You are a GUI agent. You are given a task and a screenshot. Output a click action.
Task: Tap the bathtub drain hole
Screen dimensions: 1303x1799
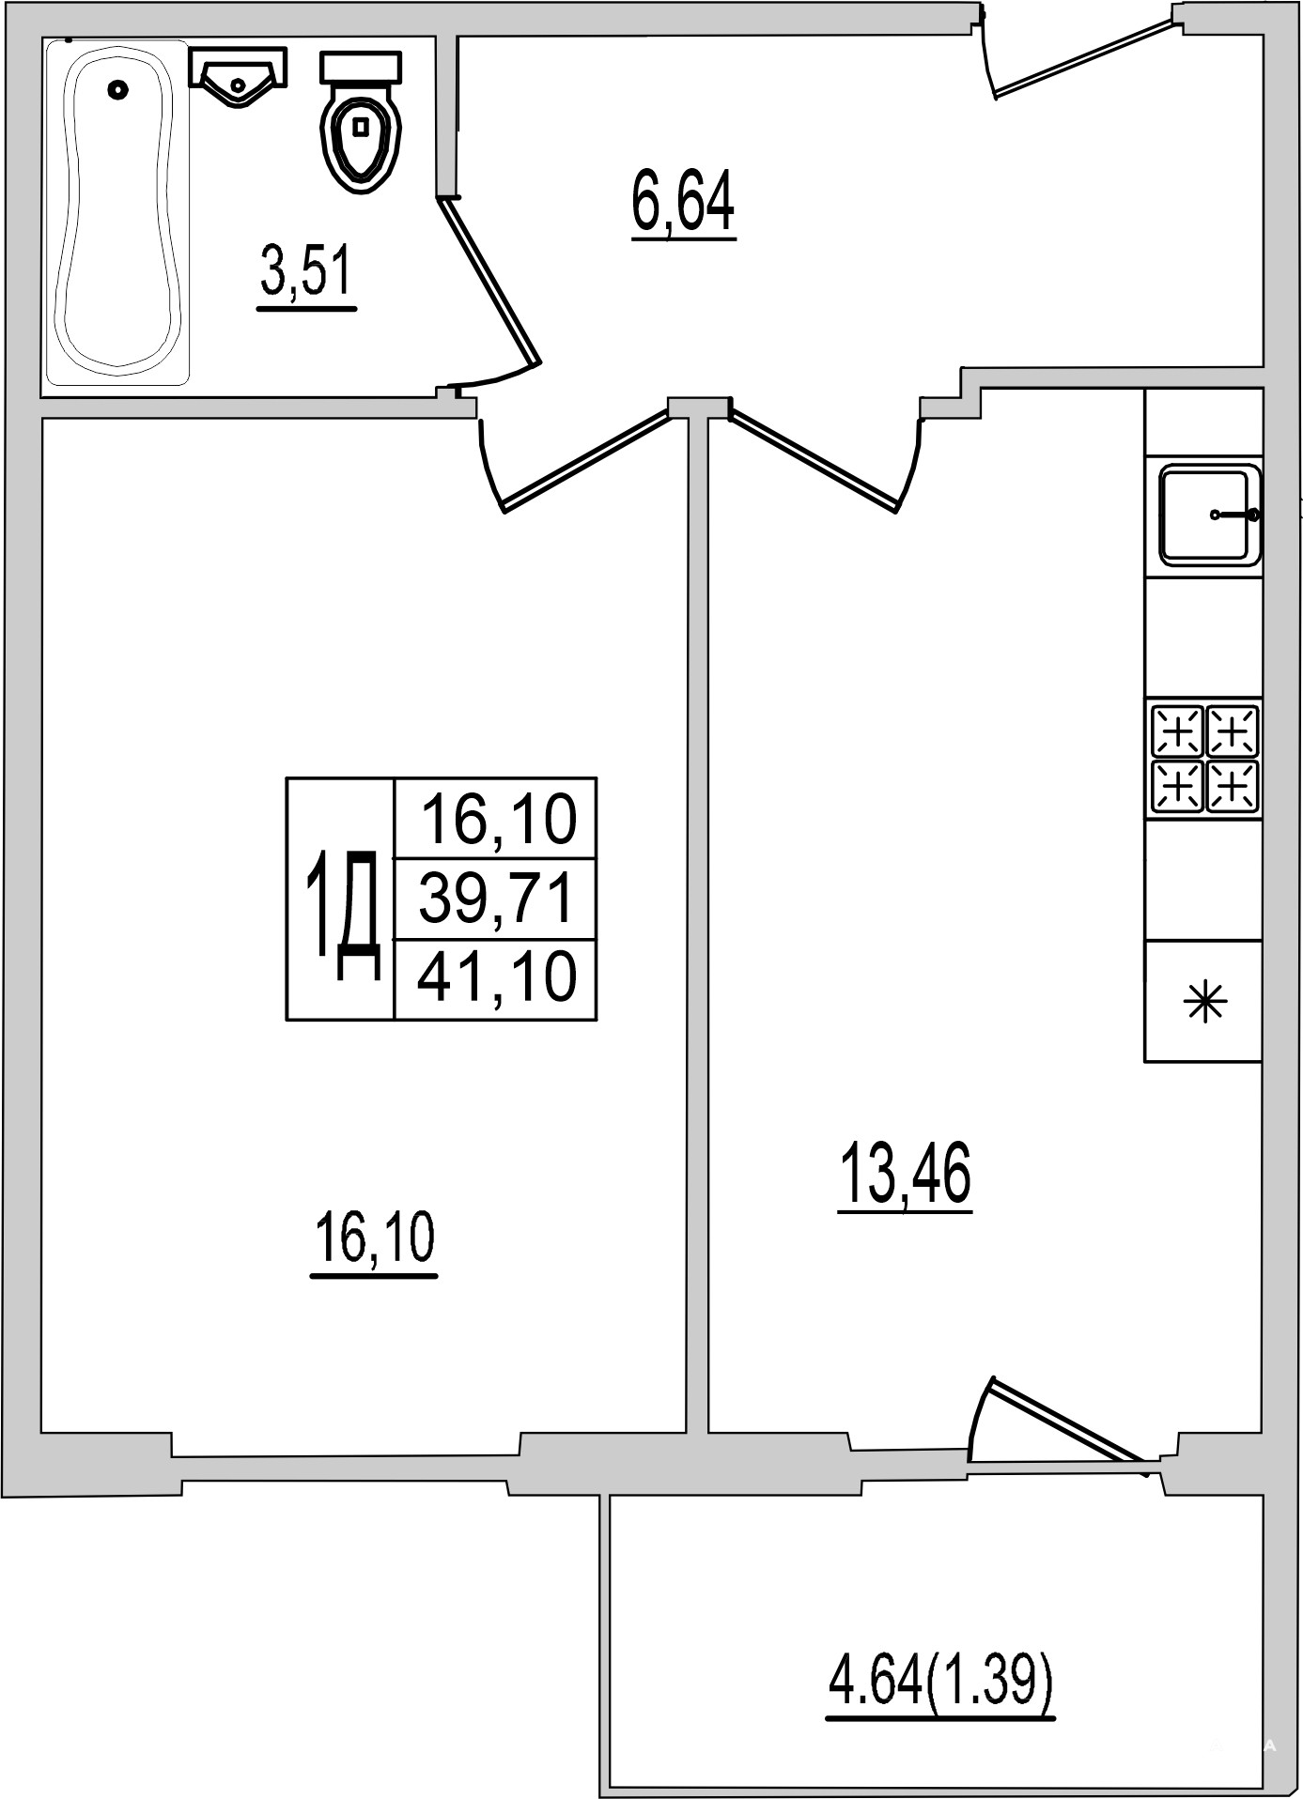[x=117, y=89]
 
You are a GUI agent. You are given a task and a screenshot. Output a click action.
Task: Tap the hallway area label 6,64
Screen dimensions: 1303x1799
[x=683, y=205]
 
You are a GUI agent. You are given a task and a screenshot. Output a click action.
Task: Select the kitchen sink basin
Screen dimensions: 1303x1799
[x=1209, y=515]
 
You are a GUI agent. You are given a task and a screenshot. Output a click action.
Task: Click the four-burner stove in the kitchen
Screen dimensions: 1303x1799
[x=1204, y=759]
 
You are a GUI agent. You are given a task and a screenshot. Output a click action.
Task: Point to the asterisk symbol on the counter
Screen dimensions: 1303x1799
[x=1204, y=1002]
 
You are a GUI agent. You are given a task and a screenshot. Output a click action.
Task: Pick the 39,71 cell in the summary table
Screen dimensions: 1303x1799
[x=496, y=899]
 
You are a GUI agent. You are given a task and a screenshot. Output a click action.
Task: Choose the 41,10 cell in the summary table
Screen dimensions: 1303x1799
[x=496, y=978]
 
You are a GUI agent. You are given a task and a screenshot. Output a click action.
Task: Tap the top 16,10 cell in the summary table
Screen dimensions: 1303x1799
[x=496, y=819]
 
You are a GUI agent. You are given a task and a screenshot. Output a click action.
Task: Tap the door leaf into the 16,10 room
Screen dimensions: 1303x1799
[x=587, y=459]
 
